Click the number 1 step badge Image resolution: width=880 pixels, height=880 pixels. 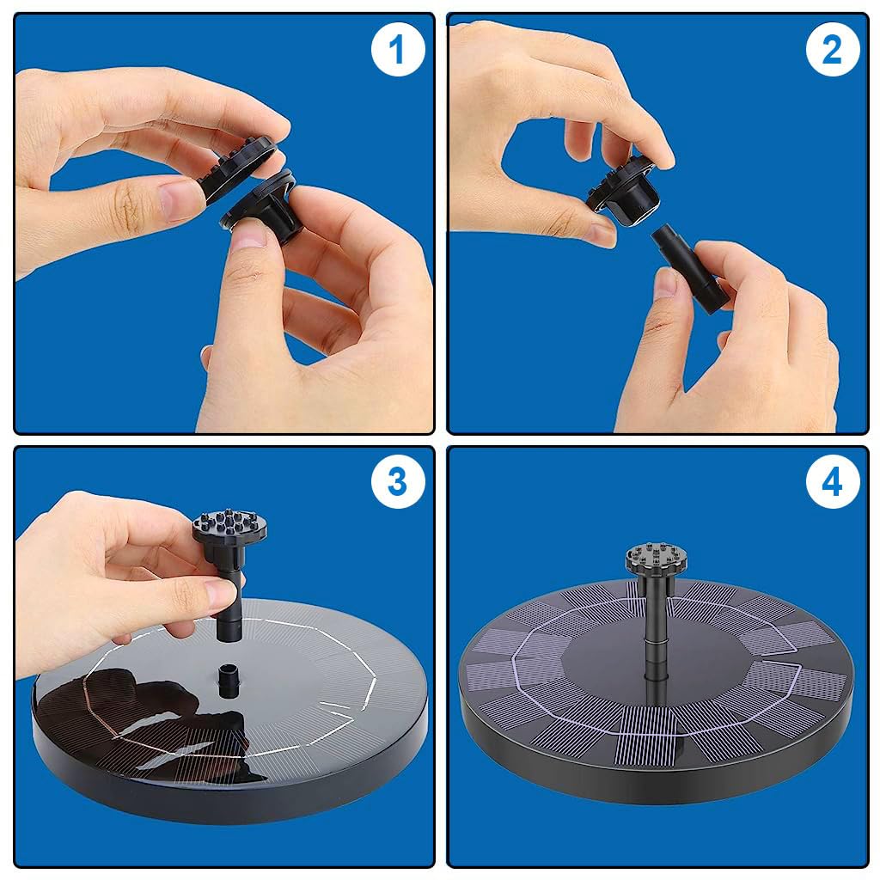(x=397, y=49)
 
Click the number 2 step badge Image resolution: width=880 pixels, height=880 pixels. (x=832, y=49)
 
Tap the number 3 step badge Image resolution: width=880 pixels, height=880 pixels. (x=397, y=481)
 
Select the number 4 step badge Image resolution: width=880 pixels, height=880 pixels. (x=832, y=481)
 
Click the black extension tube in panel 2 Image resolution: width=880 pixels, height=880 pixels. (x=689, y=268)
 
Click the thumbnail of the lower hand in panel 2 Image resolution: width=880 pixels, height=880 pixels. (x=666, y=282)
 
